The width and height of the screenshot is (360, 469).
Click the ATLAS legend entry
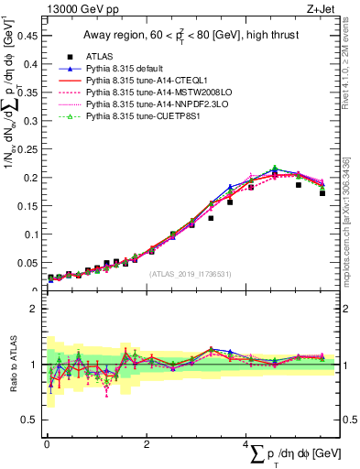coord(101,56)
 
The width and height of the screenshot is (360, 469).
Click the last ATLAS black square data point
coord(322,193)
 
